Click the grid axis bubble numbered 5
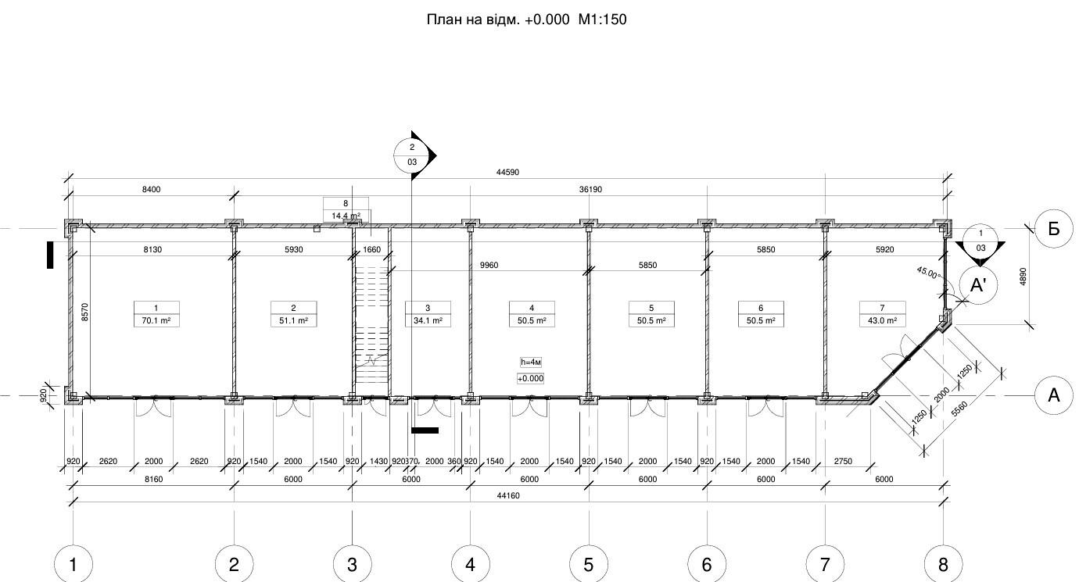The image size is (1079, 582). (589, 564)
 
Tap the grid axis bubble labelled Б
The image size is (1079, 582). (1053, 229)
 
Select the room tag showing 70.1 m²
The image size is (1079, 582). (156, 314)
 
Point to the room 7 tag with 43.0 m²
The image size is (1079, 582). (883, 314)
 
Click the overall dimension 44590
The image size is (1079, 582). (507, 173)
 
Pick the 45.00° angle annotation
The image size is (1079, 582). (928, 273)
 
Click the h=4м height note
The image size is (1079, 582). (530, 362)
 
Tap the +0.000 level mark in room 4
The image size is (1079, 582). (530, 378)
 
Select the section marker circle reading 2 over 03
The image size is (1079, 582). (412, 155)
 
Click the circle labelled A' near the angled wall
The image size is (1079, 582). (978, 285)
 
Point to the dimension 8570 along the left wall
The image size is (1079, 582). (84, 312)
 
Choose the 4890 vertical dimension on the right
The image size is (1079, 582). (1023, 277)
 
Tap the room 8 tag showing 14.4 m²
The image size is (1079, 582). (346, 210)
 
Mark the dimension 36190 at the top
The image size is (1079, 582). (590, 190)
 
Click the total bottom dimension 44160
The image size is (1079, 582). (508, 495)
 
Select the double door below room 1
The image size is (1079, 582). (154, 407)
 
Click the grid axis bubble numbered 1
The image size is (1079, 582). (73, 564)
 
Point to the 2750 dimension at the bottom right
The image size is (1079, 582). (843, 461)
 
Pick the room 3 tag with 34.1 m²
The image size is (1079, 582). (428, 314)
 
